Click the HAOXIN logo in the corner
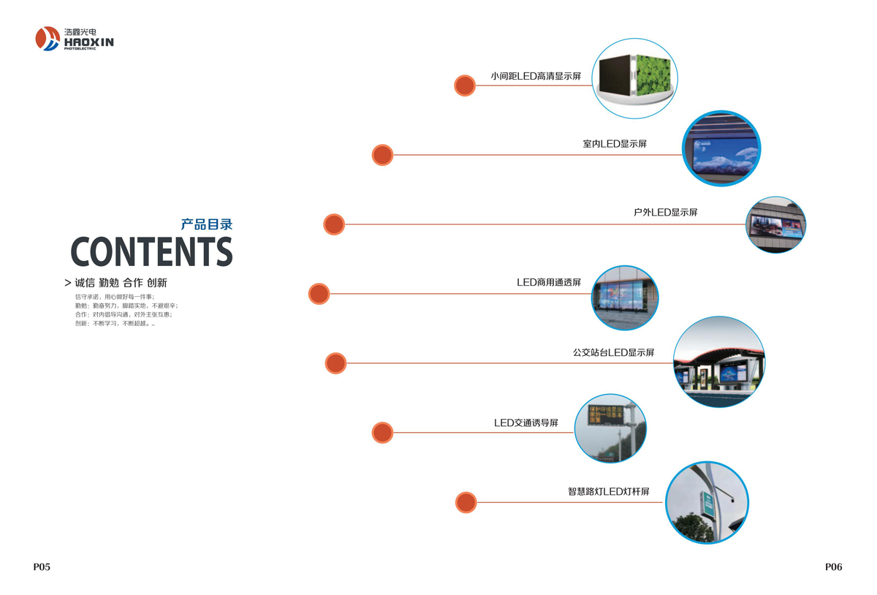coord(74,39)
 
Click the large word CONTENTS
coord(151,252)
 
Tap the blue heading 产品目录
coord(207,224)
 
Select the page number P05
coord(42,566)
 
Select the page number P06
coord(833,566)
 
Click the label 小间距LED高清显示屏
coord(536,76)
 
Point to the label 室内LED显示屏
coord(615,144)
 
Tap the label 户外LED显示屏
coord(665,213)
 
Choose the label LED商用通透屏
coord(549,282)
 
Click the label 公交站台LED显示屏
coord(613,352)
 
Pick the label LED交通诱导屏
coord(526,422)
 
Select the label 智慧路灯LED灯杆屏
coord(608,492)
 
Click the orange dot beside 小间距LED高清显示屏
coord(465,86)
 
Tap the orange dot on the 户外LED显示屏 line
coord(334,224)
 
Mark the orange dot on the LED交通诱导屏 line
coord(382,433)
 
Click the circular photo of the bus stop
coord(718,362)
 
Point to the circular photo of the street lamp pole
coord(707,503)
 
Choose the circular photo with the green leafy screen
coord(634,78)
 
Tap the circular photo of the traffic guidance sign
coord(610,428)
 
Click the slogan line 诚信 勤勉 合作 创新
coord(121,283)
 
